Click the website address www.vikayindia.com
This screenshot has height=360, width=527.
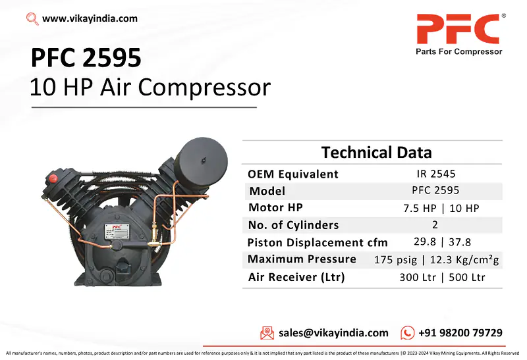coord(90,18)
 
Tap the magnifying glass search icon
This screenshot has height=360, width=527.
coord(32,19)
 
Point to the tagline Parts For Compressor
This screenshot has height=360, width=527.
coord(458,51)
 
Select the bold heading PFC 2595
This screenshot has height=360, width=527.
coord(86,59)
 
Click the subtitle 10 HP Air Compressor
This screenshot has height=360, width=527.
coord(150,88)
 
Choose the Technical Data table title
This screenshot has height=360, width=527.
coord(376,153)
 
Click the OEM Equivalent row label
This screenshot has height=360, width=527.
coord(293,174)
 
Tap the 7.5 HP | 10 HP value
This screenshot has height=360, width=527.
coord(441,208)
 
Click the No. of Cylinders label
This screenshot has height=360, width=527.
coord(293,225)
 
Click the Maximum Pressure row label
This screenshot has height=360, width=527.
coord(302,259)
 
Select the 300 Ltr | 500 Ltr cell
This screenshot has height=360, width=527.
coord(441,277)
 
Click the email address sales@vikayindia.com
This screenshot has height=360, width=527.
coord(333,333)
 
